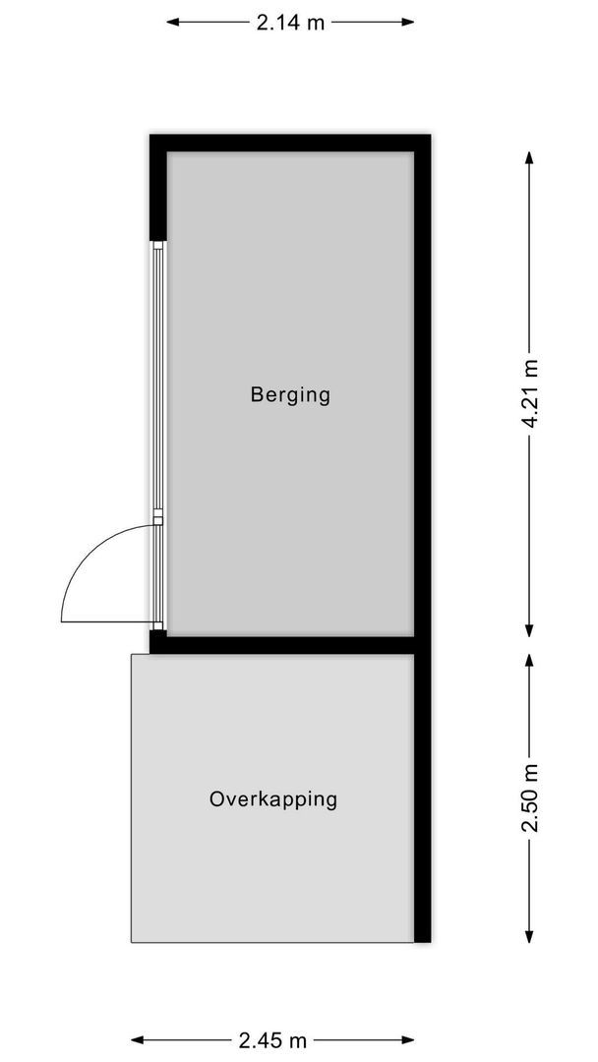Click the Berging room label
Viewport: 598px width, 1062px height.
(x=290, y=395)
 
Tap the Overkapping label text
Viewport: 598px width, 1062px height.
(x=273, y=798)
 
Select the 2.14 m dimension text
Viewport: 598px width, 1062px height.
(x=290, y=23)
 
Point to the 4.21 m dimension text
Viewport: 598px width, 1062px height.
(x=531, y=393)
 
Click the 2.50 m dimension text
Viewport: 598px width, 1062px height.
(x=531, y=797)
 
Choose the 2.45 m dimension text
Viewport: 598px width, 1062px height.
(x=272, y=1039)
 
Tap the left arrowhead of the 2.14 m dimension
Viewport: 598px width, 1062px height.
(x=172, y=23)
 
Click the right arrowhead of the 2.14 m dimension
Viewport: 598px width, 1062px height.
(x=408, y=23)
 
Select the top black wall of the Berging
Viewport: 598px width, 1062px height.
(x=290, y=143)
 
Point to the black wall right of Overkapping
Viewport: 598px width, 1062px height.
(x=422, y=796)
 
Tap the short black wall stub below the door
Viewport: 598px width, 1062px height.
(x=157, y=641)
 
